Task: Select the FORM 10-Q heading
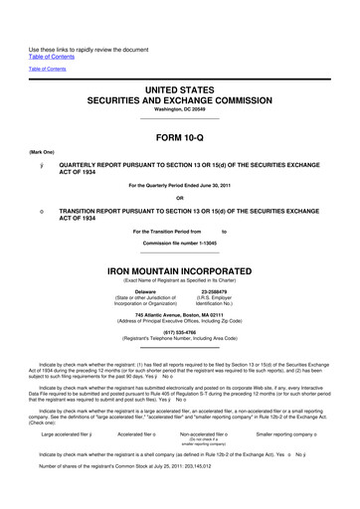point(180,135)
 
